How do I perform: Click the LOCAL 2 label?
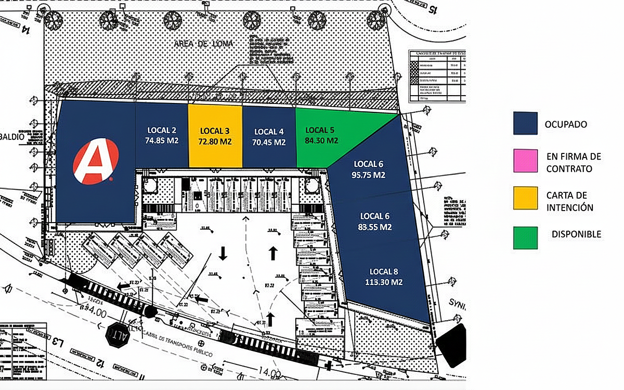[x=162, y=130]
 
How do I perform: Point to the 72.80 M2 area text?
[x=215, y=141]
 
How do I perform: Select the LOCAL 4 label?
[x=269, y=131]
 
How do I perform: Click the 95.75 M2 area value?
[x=368, y=175]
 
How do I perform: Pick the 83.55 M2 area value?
[x=374, y=227]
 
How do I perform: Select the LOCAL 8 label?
[x=384, y=271]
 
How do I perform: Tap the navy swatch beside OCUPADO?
[x=525, y=124]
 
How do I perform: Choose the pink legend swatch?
[x=525, y=161]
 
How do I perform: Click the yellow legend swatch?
[x=525, y=198]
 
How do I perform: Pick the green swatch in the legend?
[x=525, y=238]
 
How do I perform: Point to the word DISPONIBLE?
[x=576, y=235]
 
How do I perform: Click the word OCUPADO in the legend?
[x=566, y=124]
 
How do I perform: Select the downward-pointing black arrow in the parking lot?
[x=223, y=253]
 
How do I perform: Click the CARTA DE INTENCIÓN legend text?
[x=570, y=201]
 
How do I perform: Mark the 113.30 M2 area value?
[x=384, y=282]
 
